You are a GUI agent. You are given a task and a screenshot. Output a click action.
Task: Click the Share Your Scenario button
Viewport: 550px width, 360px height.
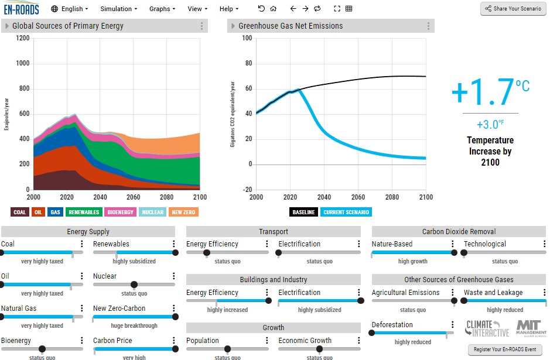(513, 9)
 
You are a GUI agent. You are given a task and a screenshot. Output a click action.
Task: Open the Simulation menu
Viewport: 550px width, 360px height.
(118, 9)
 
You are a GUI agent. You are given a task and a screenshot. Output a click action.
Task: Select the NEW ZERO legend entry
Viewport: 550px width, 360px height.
(183, 212)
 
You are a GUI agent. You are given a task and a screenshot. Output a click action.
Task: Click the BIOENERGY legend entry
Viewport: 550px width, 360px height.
(120, 212)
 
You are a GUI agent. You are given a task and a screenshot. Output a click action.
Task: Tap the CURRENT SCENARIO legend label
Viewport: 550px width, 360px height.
(346, 212)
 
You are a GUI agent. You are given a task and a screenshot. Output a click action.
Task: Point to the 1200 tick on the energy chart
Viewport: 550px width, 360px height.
(23, 38)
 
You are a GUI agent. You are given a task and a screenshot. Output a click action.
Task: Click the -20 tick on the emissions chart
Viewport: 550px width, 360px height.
(247, 189)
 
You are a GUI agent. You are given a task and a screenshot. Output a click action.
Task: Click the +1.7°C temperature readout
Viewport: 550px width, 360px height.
(490, 92)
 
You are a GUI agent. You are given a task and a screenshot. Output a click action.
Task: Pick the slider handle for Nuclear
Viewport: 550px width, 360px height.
(134, 284)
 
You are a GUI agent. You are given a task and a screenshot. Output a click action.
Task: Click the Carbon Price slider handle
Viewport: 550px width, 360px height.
(175, 349)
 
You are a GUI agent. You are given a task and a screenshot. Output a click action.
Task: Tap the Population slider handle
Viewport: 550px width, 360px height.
(227, 349)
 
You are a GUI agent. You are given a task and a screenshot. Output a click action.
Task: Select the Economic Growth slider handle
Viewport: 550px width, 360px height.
(319, 349)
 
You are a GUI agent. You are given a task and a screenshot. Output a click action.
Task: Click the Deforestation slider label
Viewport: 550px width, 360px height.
(392, 325)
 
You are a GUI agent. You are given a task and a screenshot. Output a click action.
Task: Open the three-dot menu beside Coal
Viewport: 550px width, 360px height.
(82, 244)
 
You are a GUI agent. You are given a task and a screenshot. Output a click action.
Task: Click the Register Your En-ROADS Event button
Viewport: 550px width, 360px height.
(505, 349)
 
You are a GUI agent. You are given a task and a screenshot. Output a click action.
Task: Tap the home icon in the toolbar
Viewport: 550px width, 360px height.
(274, 9)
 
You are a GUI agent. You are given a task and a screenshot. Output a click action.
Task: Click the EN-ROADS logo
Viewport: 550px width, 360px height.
(22, 9)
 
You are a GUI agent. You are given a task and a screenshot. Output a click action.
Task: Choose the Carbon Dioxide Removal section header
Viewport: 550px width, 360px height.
(459, 231)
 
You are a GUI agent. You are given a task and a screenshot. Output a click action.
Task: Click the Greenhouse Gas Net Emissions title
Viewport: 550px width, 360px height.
(291, 26)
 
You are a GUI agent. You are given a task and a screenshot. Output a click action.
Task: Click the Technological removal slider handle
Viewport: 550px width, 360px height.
(464, 252)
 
